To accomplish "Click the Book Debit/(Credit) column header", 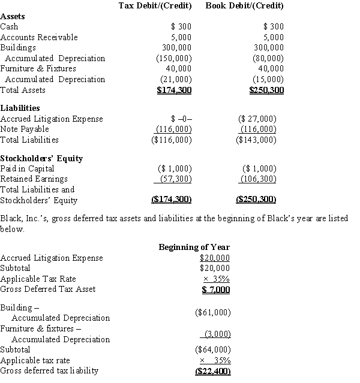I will pyautogui.click(x=244, y=6).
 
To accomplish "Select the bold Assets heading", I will pyautogui.click(x=13, y=17).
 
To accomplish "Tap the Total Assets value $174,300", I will pyautogui.click(x=174, y=91).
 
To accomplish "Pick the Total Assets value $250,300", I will pyautogui.click(x=266, y=91).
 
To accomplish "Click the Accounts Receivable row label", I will pyautogui.click(x=39, y=37).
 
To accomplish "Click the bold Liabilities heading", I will pyautogui.click(x=20, y=108).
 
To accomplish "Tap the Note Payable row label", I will pyautogui.click(x=25, y=129).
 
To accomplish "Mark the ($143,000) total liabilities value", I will pyautogui.click(x=257, y=140).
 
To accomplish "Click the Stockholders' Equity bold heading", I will pyautogui.click(x=41, y=158).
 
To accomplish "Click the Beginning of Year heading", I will pyautogui.click(x=194, y=247).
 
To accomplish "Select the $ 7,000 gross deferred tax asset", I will pyautogui.click(x=215, y=289).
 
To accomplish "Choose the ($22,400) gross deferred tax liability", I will pyautogui.click(x=213, y=371).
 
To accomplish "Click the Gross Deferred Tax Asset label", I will pyautogui.click(x=48, y=289).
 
